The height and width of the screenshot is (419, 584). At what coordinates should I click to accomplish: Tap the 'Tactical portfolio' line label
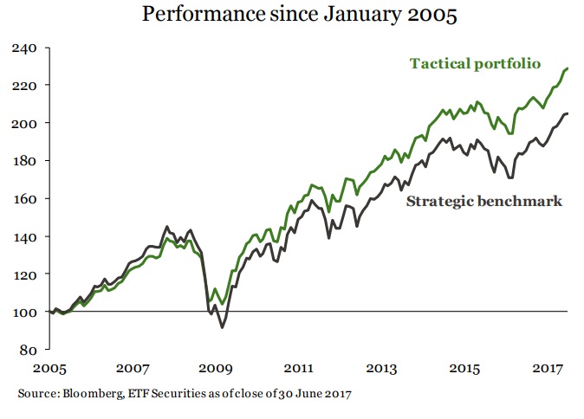point(475,64)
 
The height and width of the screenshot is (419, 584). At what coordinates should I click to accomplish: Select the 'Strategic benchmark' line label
point(484,202)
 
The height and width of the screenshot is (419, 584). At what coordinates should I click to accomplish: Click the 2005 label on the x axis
point(51,368)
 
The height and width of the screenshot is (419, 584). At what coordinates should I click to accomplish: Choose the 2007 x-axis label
point(134,368)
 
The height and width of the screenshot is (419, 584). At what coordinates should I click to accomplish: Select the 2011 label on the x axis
point(298,368)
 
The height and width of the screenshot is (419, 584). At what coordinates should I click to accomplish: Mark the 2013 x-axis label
point(381,368)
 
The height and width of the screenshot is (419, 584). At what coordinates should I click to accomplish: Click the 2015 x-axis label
point(465,368)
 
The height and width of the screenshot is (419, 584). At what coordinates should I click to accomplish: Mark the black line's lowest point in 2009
point(222,327)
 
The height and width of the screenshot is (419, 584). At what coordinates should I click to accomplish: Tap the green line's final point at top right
point(568,68)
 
